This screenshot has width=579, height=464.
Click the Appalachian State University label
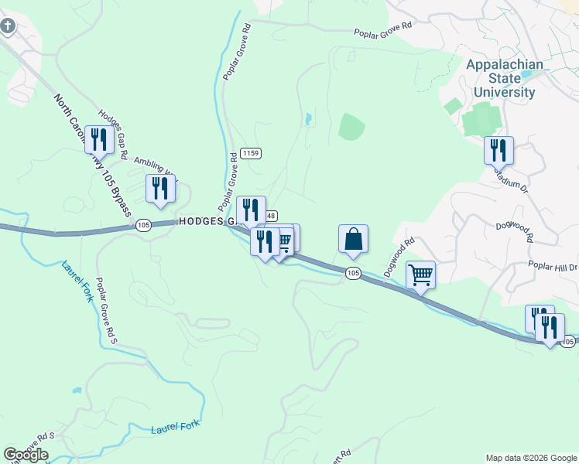(504, 79)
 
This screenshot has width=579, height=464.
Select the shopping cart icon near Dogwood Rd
(420, 275)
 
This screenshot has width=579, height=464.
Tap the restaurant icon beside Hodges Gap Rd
(98, 140)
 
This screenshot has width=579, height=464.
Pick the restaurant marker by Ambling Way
(160, 189)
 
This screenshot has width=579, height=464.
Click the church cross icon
(8, 27)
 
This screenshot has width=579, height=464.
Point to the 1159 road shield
(250, 153)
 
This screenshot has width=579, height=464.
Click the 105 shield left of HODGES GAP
(142, 225)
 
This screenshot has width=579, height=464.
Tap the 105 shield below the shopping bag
(353, 273)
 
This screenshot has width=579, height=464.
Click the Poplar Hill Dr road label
(553, 265)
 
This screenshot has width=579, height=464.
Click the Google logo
(26, 455)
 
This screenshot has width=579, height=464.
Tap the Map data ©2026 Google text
(530, 458)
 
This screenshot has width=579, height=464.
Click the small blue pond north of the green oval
(308, 119)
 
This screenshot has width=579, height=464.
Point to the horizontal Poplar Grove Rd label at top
(383, 34)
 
